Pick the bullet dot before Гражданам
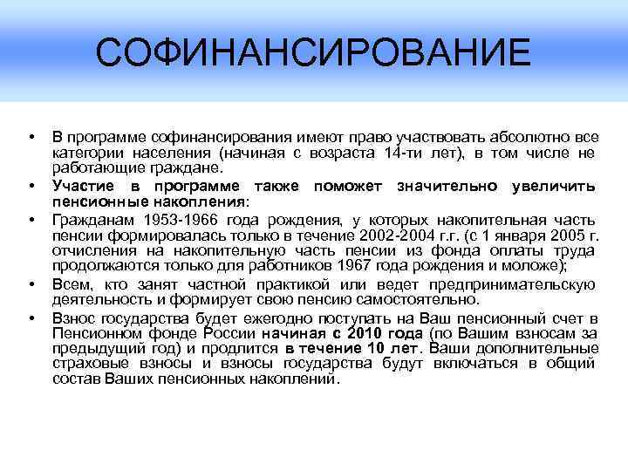pyautogui.click(x=31, y=219)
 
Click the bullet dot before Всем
pyautogui.click(x=31, y=284)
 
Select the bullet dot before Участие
pyautogui.click(x=31, y=186)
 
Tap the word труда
pyautogui.click(x=577, y=251)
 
